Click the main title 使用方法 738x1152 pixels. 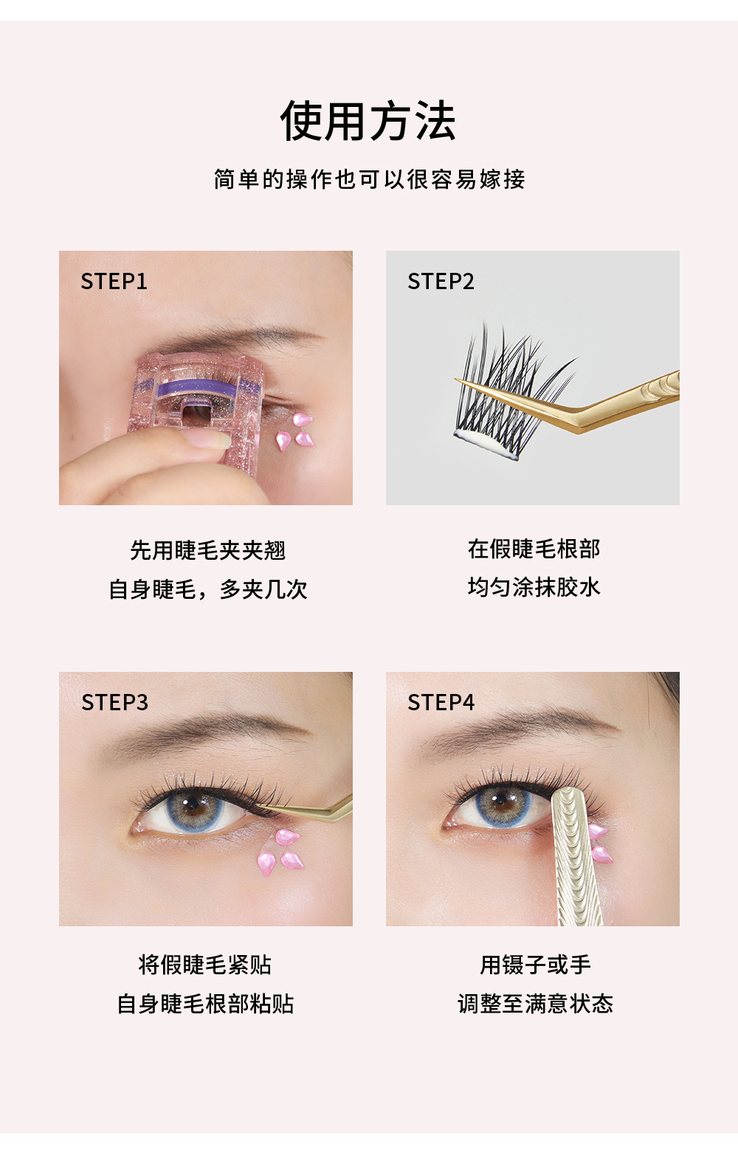[x=368, y=122]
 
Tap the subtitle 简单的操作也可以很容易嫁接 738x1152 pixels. [x=369, y=179]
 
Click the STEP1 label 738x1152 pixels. [x=114, y=282]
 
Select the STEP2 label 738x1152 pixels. [x=441, y=282]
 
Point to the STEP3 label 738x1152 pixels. [x=114, y=703]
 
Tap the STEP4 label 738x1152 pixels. [x=441, y=703]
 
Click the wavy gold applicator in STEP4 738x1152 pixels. [x=576, y=856]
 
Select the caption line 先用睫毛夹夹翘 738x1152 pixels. [x=207, y=551]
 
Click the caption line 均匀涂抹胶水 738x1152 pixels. [x=534, y=588]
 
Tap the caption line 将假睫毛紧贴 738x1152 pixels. [x=205, y=965]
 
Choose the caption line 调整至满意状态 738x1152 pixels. [x=535, y=1004]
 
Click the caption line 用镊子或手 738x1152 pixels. [x=535, y=965]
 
